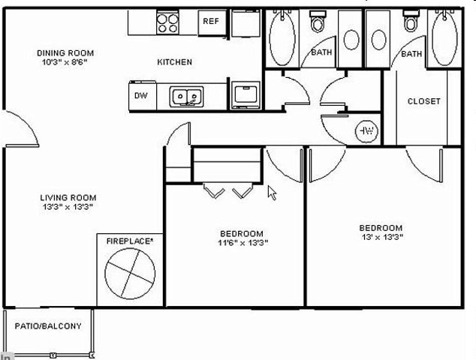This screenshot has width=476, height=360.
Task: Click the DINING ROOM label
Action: click(65, 53)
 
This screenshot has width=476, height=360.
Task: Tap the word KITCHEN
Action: click(174, 62)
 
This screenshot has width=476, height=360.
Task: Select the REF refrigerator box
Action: click(211, 21)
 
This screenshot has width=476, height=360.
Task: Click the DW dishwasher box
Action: click(140, 95)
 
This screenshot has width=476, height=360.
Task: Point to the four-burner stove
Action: click(168, 23)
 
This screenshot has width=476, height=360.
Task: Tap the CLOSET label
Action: click(423, 101)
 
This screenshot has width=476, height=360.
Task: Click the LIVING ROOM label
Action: click(68, 198)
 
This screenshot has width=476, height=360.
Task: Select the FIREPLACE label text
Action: click(130, 241)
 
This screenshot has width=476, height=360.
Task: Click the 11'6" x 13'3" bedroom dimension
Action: click(243, 242)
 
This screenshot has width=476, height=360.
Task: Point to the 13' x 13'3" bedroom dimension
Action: click(381, 238)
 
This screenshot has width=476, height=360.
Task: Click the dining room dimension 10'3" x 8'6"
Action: click(65, 63)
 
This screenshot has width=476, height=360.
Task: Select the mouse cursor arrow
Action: click(272, 192)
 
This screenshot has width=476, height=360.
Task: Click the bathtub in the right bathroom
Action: click(442, 37)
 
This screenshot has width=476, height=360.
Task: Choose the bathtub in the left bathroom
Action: click(282, 37)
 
